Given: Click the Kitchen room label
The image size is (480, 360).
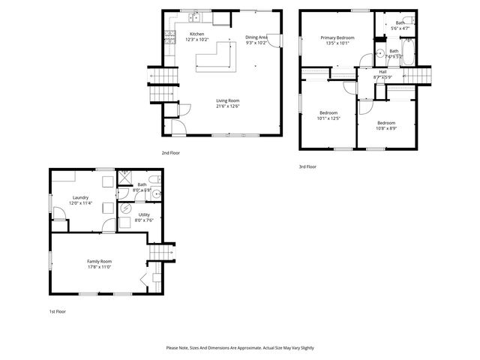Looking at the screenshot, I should tap(196, 34).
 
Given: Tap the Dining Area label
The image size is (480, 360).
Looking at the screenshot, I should tap(256, 37).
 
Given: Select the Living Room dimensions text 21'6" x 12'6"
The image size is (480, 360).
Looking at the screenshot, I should tap(227, 105).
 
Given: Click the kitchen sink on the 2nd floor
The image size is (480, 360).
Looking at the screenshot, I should tap(193, 16).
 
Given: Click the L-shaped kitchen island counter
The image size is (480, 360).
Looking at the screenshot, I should tap(222, 58).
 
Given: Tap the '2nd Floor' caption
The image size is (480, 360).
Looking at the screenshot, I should tap(170, 152).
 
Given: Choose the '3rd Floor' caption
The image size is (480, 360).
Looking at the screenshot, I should tap(307, 166).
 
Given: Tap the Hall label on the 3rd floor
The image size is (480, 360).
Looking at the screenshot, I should tap(382, 72).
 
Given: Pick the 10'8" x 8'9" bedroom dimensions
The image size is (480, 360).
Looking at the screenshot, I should tap(386, 128).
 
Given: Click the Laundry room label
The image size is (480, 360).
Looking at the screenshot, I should tap(80, 198).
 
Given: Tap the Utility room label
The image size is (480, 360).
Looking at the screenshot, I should tap(144, 214).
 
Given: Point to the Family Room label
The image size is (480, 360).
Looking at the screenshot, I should tap(100, 261).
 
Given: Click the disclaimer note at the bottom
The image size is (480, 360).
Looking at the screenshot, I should tap(240, 348).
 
